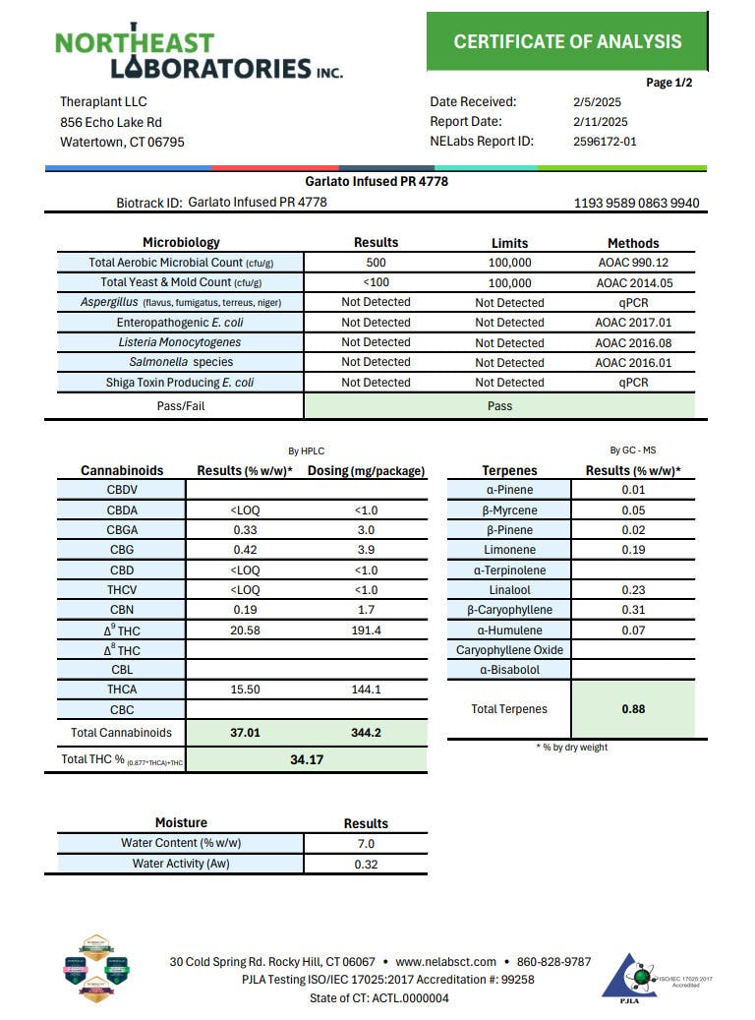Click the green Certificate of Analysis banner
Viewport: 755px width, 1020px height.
[567, 41]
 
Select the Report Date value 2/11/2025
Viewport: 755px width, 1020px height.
[600, 122]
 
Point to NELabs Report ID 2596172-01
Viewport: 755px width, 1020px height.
[605, 142]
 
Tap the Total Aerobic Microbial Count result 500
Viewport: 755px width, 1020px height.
[376, 263]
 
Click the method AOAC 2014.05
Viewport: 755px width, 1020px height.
[633, 283]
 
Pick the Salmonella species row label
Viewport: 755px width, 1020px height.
[180, 362]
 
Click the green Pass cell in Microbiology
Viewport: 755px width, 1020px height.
[499, 405]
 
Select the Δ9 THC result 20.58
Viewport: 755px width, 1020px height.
[245, 630]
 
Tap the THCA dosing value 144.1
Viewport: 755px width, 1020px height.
[366, 690]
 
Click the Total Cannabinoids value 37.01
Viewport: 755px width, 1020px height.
[245, 733]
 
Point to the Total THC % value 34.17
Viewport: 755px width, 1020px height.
[307, 759]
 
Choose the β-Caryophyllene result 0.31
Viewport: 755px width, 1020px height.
[633, 610]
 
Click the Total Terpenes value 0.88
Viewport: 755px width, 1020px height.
[633, 708]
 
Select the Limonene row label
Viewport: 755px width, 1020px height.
[509, 550]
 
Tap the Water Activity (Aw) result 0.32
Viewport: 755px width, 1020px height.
[366, 865]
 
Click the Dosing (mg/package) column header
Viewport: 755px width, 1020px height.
[366, 471]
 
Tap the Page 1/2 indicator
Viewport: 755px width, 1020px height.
[669, 83]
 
